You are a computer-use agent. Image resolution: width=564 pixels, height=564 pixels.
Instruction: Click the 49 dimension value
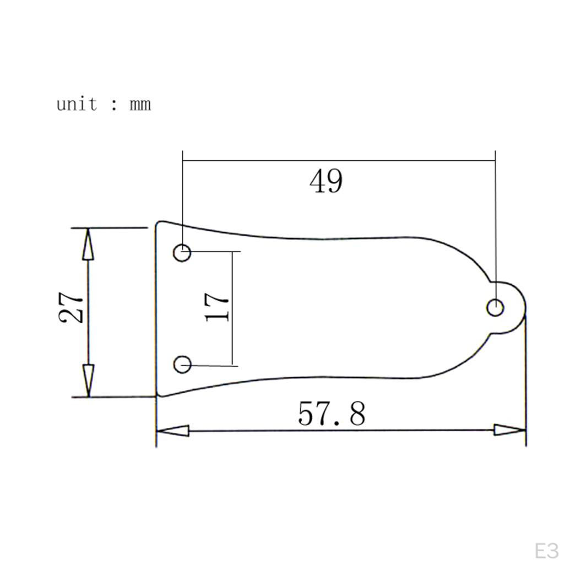326,181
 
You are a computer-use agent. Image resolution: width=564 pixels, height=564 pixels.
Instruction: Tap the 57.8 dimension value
332,414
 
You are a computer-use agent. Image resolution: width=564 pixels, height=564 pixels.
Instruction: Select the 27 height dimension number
71,307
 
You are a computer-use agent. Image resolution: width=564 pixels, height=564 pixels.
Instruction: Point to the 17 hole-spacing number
216,307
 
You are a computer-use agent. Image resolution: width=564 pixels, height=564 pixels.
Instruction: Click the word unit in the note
77,104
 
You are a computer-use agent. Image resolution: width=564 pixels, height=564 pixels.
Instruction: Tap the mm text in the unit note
140,105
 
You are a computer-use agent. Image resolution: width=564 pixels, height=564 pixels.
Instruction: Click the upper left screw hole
182,252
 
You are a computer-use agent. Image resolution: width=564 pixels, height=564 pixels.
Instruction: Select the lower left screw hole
182,365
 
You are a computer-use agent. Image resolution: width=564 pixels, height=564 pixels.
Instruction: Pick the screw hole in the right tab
495,308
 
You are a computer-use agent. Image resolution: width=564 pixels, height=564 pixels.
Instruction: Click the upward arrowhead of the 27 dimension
88,244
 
